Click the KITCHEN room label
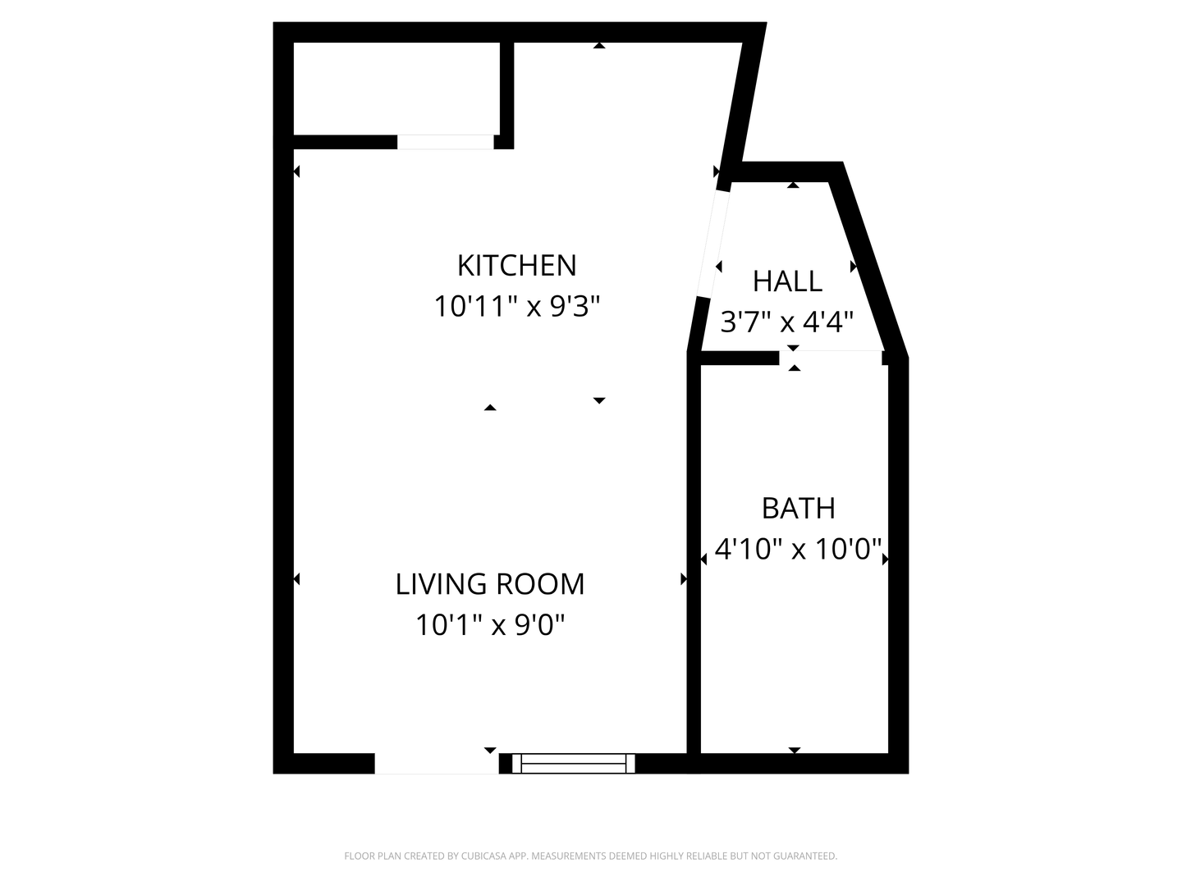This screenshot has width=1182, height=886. point(516,265)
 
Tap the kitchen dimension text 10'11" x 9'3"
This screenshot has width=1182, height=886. point(516,307)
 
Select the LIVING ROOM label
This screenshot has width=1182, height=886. point(489,584)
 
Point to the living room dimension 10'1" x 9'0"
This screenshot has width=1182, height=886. point(489,625)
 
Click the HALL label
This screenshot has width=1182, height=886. point(787,281)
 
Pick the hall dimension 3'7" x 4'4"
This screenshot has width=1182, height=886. point(786,322)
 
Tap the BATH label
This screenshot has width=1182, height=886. point(798,509)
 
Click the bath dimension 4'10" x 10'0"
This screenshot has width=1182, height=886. point(798,550)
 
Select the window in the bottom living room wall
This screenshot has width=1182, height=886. point(573,763)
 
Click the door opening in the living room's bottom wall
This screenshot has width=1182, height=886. point(437,763)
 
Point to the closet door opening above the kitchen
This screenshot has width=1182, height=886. point(446,142)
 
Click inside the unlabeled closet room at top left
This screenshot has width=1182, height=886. point(396,89)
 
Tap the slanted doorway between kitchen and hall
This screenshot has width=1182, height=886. point(713,244)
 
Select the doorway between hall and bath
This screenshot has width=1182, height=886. point(831,358)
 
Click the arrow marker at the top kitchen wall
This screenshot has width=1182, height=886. point(599,46)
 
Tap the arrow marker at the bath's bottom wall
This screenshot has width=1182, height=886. point(795,750)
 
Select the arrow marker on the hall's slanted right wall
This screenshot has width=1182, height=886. point(854,267)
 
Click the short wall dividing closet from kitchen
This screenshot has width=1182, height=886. point(506,95)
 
